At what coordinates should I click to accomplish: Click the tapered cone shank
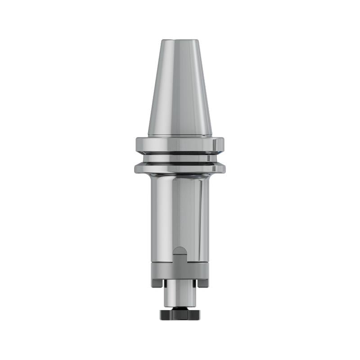coord(180,90)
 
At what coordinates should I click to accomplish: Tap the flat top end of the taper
coord(180,40)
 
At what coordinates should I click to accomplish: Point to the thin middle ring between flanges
coord(180,158)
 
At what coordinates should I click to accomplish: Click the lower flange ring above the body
coord(180,168)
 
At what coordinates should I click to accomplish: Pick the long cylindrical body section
coord(180,211)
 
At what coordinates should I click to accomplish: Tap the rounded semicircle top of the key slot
coord(180,250)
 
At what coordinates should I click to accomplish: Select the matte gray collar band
coord(180,271)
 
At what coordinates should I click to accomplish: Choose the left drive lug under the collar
coord(157,283)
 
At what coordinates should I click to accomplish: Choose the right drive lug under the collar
coord(203,283)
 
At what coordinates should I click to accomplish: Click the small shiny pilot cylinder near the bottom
coord(180,295)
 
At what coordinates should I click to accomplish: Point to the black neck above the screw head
coord(180,309)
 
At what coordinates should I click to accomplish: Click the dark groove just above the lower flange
coord(180,163)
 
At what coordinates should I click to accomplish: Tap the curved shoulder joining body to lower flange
coord(180,175)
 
